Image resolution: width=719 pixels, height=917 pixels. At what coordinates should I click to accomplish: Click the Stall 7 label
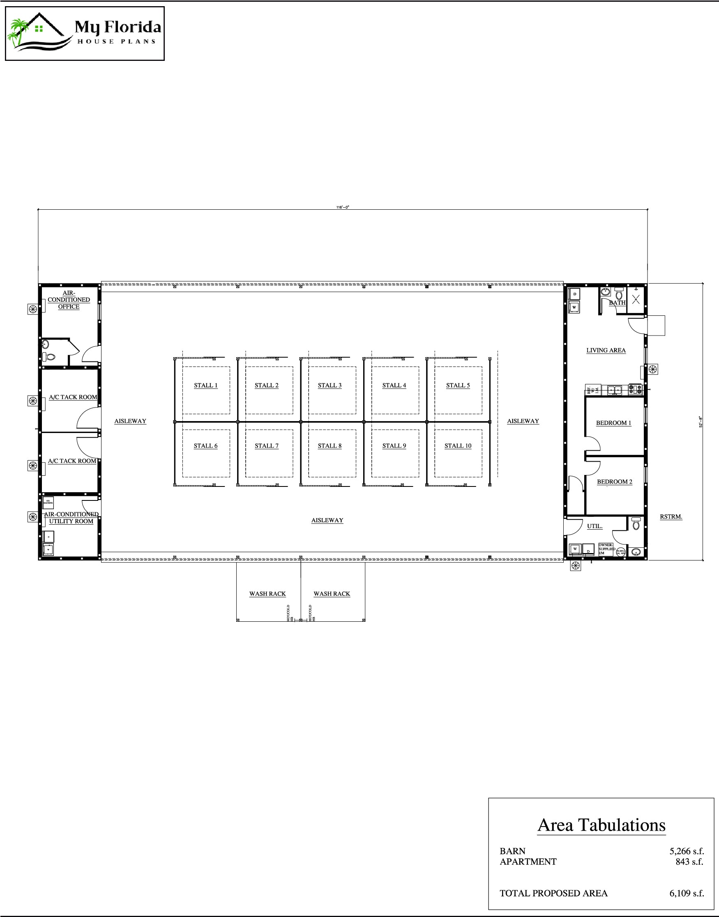coord(267,446)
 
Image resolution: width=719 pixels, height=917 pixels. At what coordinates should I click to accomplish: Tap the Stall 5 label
coord(458,385)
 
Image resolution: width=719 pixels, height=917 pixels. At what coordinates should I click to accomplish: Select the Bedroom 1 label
coord(613,423)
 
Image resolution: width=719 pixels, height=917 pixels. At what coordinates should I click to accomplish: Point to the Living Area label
coord(606,350)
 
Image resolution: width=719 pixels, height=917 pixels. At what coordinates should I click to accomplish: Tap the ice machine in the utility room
coord(48,502)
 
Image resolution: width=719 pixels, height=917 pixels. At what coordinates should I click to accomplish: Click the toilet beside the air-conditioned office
coord(50,357)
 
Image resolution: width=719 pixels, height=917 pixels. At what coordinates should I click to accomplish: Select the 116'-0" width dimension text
coord(343,207)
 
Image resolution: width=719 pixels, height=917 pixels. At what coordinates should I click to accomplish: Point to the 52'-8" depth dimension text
coord(701,421)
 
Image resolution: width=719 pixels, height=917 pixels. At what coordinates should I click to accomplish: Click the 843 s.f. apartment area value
coord(689,861)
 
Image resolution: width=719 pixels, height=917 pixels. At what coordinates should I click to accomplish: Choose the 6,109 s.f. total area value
coord(687,893)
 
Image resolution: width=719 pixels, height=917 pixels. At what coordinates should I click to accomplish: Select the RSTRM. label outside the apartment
coord(671,517)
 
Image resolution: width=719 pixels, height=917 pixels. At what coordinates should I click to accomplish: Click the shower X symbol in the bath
coord(636,299)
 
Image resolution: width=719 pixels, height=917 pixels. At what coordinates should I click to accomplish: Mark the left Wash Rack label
coord(267,593)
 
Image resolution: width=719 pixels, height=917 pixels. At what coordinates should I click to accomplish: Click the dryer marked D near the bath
coord(575,294)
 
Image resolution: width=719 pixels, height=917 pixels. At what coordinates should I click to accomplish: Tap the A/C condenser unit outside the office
coord(32,309)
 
